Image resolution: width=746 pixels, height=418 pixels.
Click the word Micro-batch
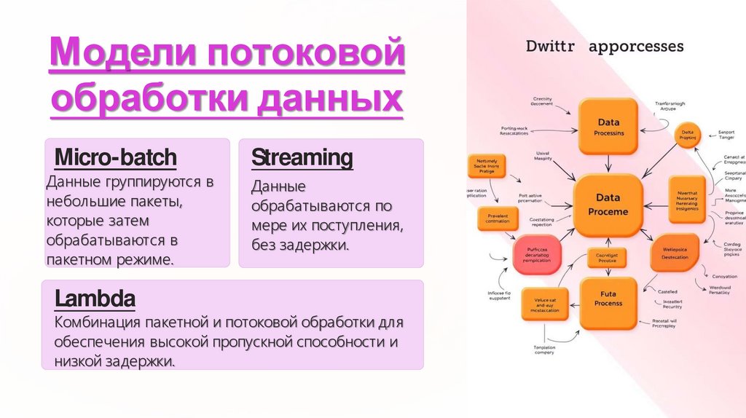coord(116,157)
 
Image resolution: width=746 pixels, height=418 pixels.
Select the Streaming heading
coord(302,157)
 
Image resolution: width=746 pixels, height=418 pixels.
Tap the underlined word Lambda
coord(95,299)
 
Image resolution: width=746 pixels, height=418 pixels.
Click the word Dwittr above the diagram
coord(551,47)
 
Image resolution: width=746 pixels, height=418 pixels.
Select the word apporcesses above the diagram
coord(636,47)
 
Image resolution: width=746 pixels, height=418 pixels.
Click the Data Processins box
coord(609,127)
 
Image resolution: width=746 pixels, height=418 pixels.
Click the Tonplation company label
coord(543,350)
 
